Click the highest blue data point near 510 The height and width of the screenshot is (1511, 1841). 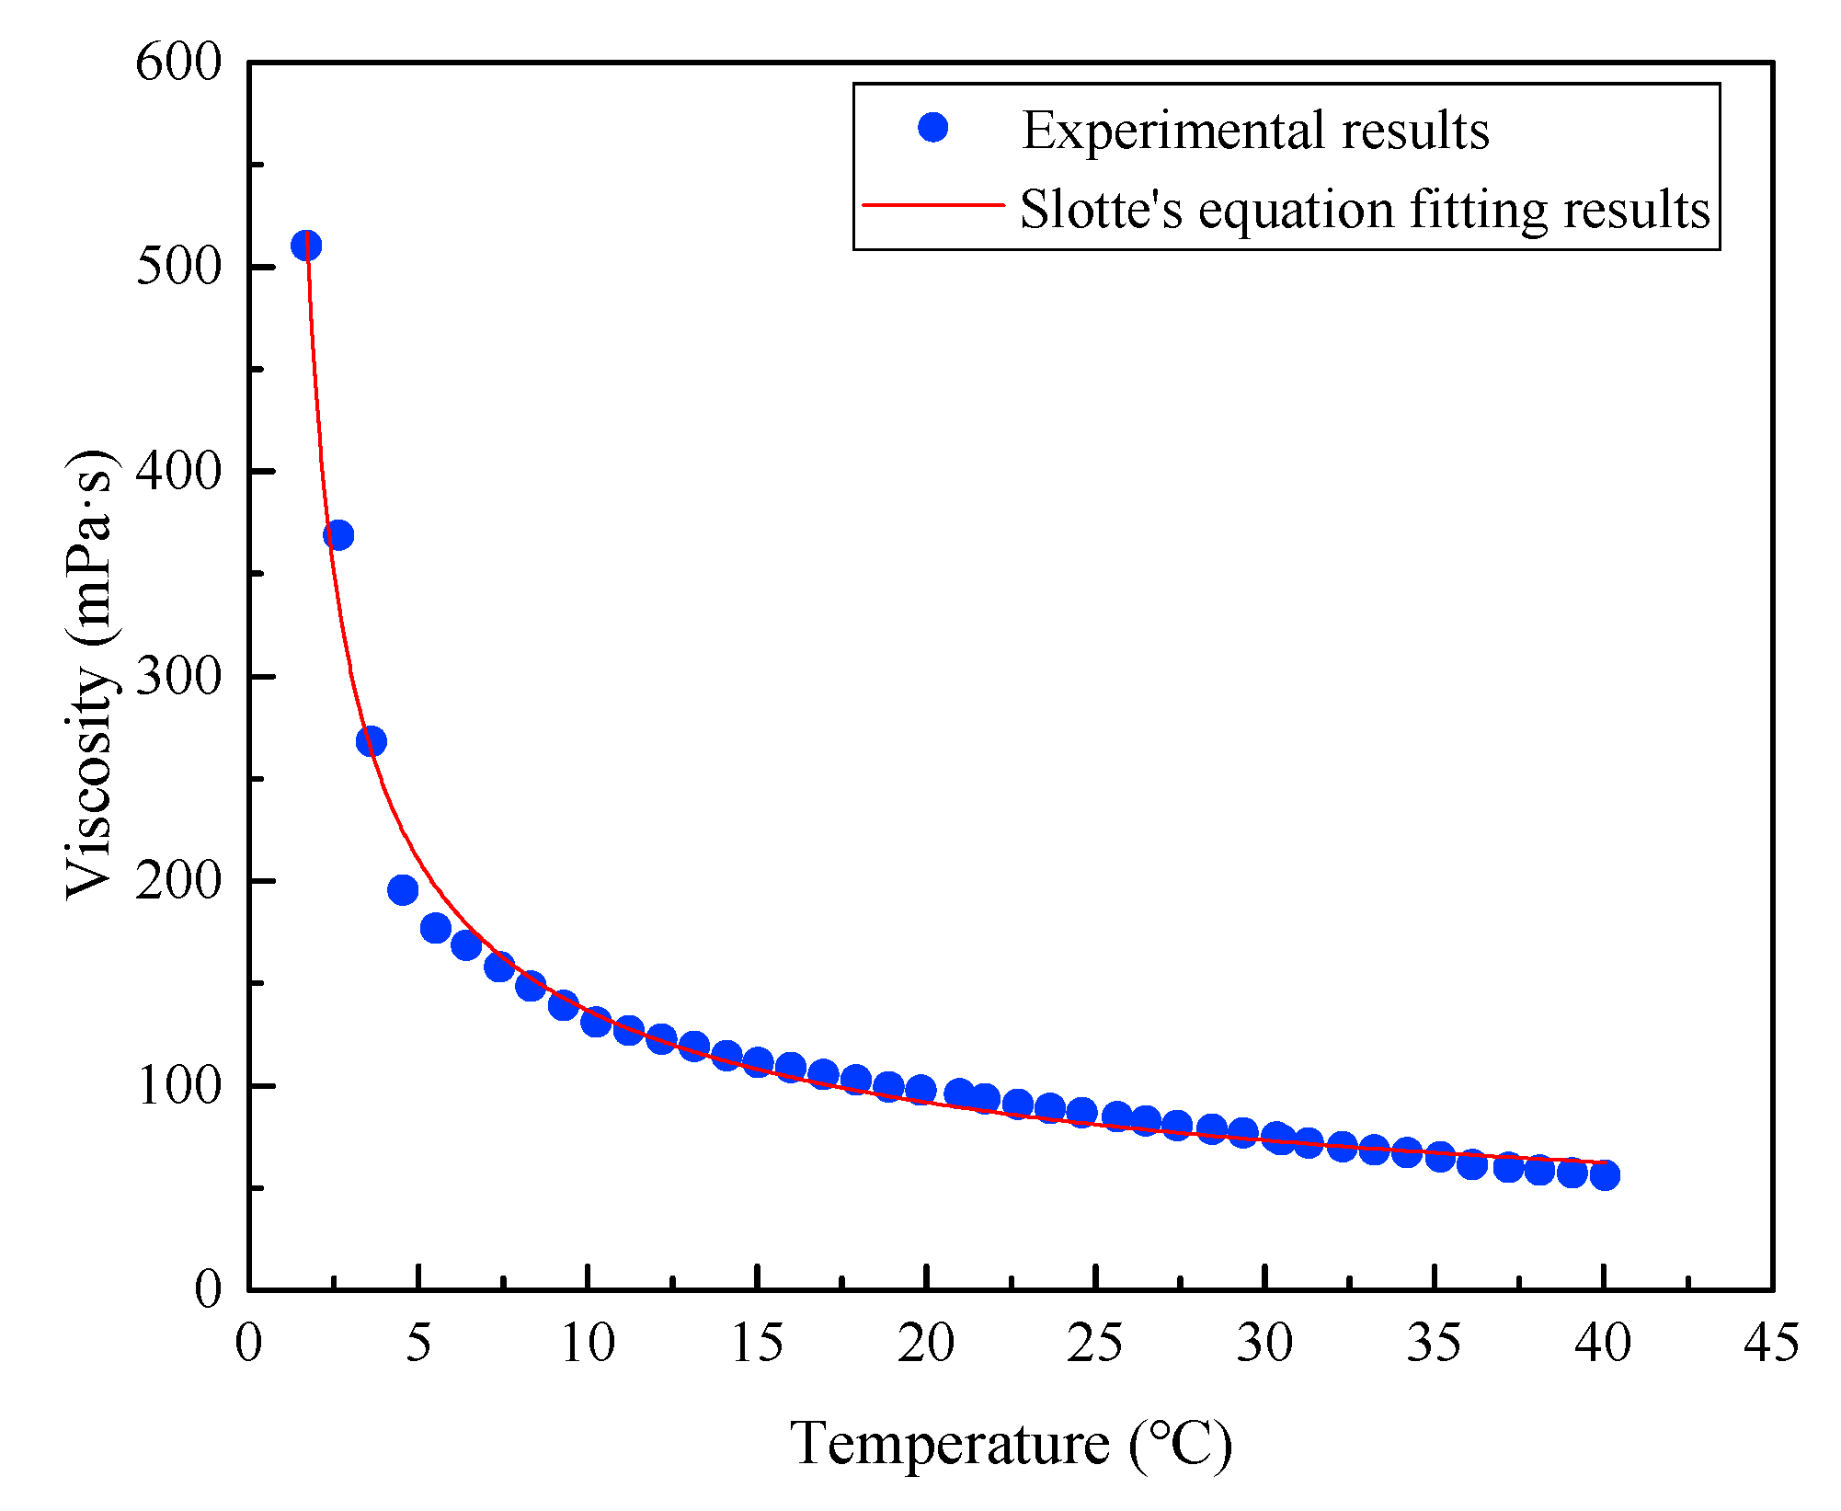tap(306, 246)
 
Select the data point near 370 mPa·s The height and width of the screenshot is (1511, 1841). tap(338, 535)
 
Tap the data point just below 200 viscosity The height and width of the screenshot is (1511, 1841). tap(403, 889)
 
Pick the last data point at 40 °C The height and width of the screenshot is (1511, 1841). tap(1604, 1175)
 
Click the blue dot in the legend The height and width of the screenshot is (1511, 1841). tap(932, 128)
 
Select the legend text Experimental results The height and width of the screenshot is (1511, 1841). tap(1255, 131)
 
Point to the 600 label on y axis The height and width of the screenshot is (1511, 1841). tap(179, 63)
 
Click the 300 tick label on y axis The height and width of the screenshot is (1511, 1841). tap(179, 677)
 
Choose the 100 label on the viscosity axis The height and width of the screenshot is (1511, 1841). tap(179, 1086)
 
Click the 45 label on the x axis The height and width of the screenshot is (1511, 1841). tap(1771, 1343)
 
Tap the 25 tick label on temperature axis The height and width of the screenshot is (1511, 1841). tap(1094, 1343)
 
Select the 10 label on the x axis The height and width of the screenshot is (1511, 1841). tap(587, 1343)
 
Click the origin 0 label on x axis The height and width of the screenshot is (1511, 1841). tap(248, 1343)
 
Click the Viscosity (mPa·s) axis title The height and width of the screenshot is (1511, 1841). tap(90, 675)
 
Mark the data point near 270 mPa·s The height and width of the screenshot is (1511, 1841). tap(371, 741)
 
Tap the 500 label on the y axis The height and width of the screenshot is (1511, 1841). tap(179, 268)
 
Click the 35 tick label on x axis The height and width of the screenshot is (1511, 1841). tap(1433, 1343)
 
